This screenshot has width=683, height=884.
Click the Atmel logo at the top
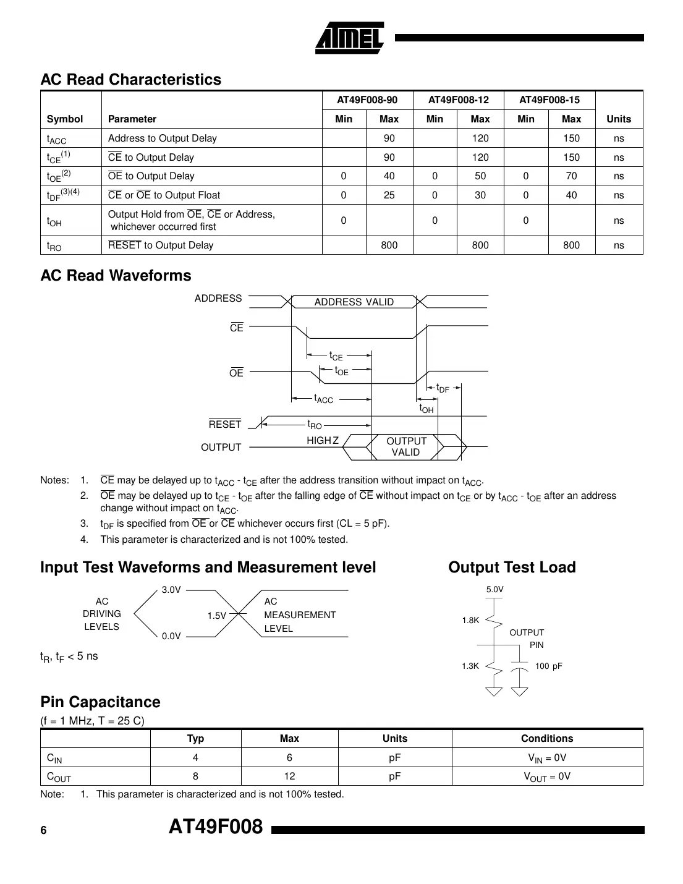click(x=350, y=36)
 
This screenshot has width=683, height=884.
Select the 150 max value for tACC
click(x=571, y=138)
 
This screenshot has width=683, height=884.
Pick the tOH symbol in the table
click(x=54, y=221)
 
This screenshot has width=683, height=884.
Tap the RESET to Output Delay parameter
click(x=161, y=245)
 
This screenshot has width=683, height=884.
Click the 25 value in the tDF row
click(x=389, y=195)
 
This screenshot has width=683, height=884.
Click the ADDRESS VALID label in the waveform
click(x=354, y=302)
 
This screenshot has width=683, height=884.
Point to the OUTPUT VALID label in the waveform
click(x=406, y=446)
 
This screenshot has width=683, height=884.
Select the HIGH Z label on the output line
click(x=323, y=441)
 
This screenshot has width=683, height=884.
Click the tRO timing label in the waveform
click(x=315, y=425)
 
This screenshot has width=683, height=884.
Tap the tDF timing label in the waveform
click(x=443, y=388)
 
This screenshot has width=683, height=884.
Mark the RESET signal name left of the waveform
click(x=225, y=425)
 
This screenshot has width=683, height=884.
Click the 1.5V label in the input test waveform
click(x=217, y=616)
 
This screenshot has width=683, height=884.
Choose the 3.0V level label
click(x=171, y=590)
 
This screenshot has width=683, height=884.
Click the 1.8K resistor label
click(x=470, y=621)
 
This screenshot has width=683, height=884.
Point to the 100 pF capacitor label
click(x=549, y=666)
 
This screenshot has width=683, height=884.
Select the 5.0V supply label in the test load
click(x=494, y=590)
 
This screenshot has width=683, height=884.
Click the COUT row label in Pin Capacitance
click(x=59, y=776)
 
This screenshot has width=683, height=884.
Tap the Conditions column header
click(x=546, y=739)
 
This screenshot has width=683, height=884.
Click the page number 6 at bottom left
click(x=43, y=831)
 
